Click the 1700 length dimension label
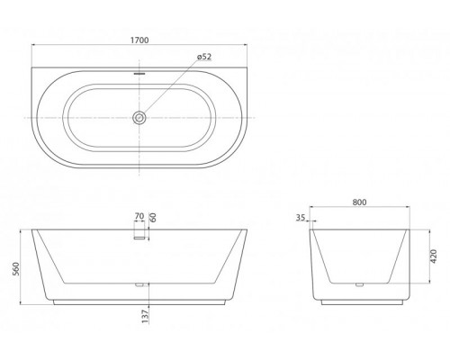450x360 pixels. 139,40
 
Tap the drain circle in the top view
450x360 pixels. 139,117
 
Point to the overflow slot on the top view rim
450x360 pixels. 139,74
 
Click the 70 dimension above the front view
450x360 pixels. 139,217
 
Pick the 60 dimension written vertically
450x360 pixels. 154,217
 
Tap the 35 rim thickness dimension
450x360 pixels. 300,217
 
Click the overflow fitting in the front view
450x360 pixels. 139,237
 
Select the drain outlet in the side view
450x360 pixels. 360,286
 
